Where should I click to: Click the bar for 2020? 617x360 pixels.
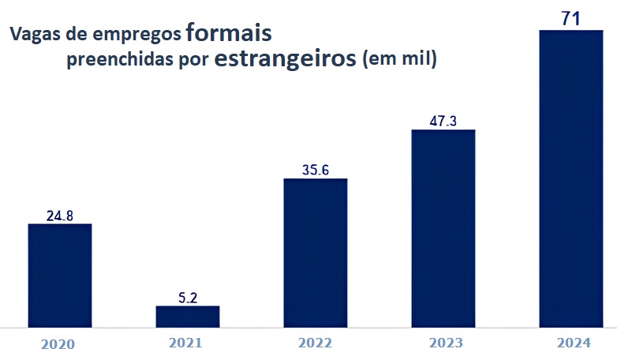click(60, 275)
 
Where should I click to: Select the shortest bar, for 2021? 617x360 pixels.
click(187, 316)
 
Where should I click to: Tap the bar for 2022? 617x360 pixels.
click(315, 252)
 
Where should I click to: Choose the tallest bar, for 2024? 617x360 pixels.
click(570, 178)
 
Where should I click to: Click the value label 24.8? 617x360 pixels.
click(60, 214)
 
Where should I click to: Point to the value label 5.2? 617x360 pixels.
click(187, 297)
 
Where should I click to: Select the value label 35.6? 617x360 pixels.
click(315, 169)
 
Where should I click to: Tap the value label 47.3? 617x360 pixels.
click(443, 121)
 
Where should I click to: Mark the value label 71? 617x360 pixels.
click(570, 19)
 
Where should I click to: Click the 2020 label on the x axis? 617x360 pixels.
click(58, 344)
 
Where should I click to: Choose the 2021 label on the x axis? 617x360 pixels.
click(185, 343)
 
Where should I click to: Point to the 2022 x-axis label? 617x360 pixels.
click(315, 343)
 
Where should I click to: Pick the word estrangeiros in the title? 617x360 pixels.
click(285, 60)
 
